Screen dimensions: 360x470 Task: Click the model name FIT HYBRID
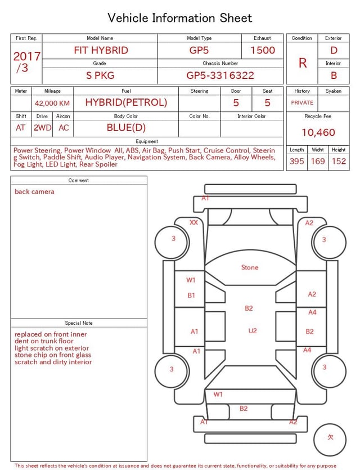click(101, 50)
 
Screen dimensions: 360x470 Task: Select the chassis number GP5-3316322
click(220, 75)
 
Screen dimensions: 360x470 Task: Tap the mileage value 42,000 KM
click(52, 104)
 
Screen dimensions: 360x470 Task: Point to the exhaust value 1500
click(263, 50)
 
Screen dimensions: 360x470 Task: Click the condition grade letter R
click(303, 63)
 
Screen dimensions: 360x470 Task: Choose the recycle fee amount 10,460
click(318, 132)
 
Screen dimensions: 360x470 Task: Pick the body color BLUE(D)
click(126, 128)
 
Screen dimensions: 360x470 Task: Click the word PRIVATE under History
click(302, 102)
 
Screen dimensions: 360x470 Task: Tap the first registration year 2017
click(26, 56)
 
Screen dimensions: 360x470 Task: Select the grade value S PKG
click(100, 75)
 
